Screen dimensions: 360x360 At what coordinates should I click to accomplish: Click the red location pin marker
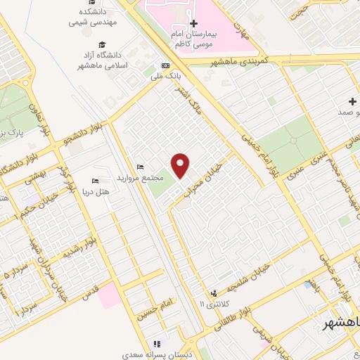tap(181, 165)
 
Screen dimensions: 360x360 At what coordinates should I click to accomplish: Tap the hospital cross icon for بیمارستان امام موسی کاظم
tap(194, 23)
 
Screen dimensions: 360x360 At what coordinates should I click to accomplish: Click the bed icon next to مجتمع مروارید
tap(141, 167)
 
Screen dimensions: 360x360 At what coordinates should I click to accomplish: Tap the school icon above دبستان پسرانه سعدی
tap(157, 345)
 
